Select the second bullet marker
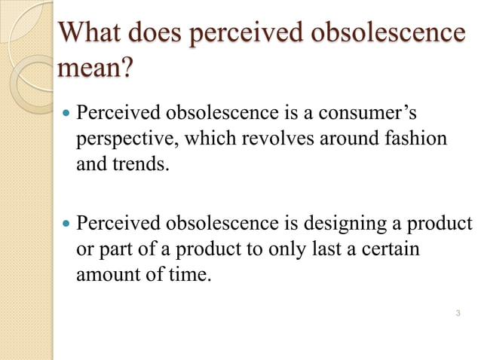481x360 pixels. coord(66,224)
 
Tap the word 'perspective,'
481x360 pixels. coord(121,139)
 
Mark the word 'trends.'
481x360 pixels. coord(136,163)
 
